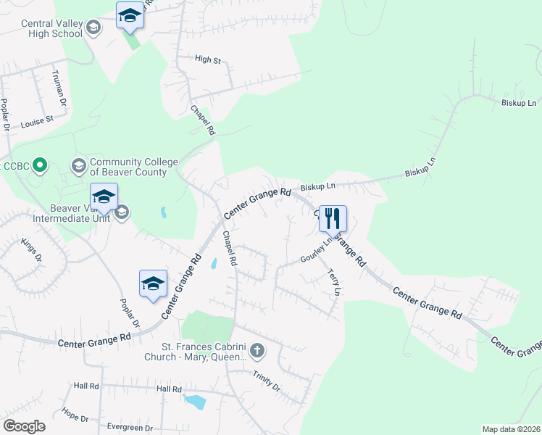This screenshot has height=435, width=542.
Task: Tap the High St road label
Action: pyautogui.click(x=208, y=60)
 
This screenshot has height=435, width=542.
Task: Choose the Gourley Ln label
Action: pyautogui.click(x=316, y=252)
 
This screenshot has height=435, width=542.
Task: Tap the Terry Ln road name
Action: pyautogui.click(x=334, y=282)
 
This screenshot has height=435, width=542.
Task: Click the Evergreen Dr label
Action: pyautogui.click(x=129, y=428)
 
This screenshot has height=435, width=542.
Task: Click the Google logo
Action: pyautogui.click(x=24, y=426)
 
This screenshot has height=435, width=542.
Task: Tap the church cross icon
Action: pyautogui.click(x=257, y=352)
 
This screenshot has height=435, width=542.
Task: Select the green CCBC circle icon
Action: pyautogui.click(x=41, y=166)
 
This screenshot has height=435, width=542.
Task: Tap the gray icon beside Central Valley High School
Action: pyautogui.click(x=92, y=28)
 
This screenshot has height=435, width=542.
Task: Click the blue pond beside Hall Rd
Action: pyautogui.click(x=194, y=400)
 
